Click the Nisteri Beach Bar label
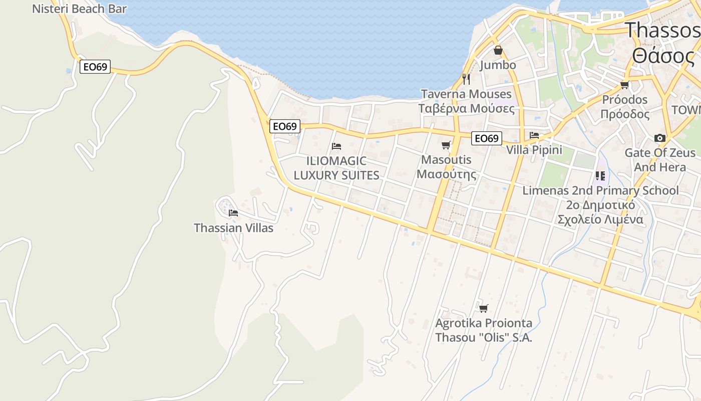(79, 9)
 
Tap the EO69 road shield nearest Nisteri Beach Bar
(95, 66)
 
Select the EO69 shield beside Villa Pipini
(486, 138)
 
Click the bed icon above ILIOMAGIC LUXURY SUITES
(336, 146)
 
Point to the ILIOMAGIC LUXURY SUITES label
(336, 168)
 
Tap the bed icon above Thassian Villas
(233, 213)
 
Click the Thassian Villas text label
(233, 228)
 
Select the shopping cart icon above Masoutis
(446, 145)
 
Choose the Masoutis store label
(447, 167)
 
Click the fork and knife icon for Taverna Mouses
(466, 79)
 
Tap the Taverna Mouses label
(466, 101)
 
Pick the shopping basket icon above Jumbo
(498, 50)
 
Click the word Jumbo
(498, 65)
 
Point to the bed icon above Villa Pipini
(534, 135)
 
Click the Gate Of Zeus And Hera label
(660, 159)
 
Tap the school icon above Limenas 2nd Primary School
(600, 176)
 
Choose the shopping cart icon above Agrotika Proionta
(483, 308)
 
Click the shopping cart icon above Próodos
(624, 85)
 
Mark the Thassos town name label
(663, 43)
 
